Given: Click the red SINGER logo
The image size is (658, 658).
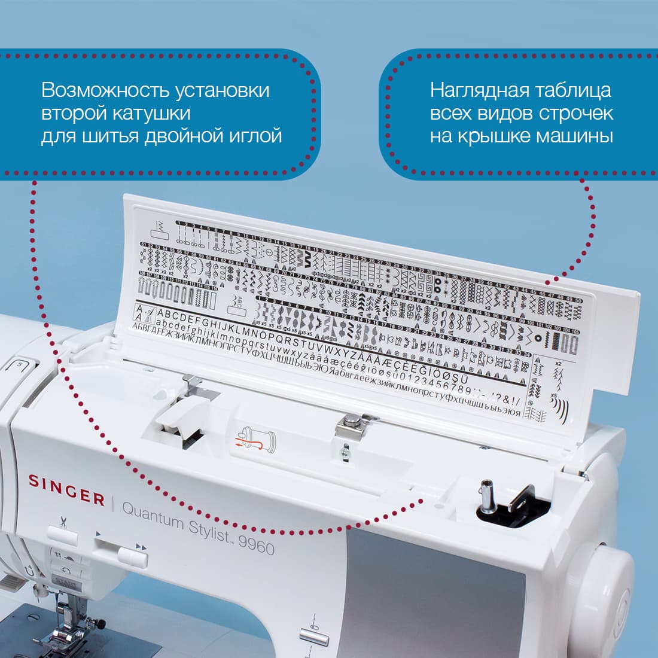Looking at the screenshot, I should [x=66, y=496].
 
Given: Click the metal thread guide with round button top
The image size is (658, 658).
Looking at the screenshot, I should [x=351, y=427].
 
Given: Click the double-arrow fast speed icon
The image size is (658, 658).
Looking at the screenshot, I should [x=141, y=546].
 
